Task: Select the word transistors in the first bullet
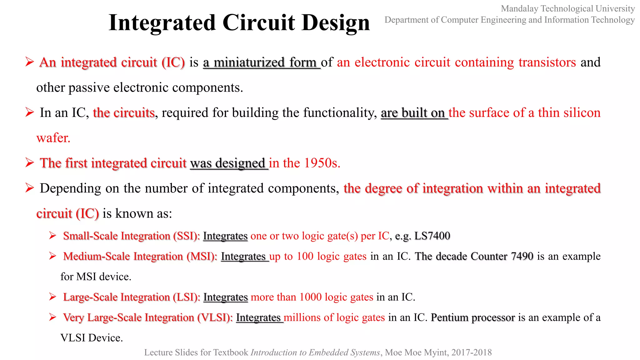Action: pyautogui.click(x=547, y=62)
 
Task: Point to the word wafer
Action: pyautogui.click(x=53, y=138)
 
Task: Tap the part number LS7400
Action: pyautogui.click(x=432, y=236)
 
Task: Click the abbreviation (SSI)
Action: pyautogui.click(x=187, y=236)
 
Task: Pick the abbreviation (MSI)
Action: pyautogui.click(x=202, y=256)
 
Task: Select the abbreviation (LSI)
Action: pyautogui.click(x=187, y=297)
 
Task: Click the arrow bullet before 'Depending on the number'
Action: pyautogui.click(x=30, y=188)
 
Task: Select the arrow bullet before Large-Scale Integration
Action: pyautogui.click(x=52, y=297)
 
